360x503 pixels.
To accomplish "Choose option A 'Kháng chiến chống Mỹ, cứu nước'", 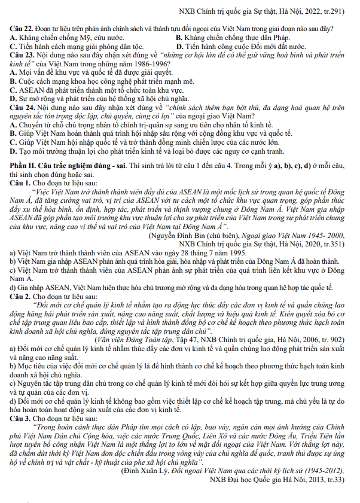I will click(59, 38).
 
